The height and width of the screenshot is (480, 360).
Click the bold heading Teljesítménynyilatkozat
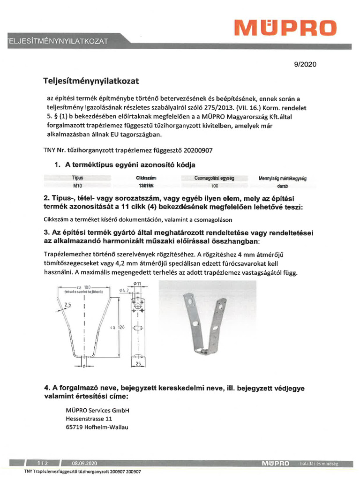click(x=91, y=81)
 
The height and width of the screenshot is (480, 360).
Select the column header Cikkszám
click(x=146, y=178)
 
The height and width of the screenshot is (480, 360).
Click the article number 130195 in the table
click(x=146, y=186)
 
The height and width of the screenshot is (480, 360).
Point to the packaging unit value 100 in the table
click(x=215, y=186)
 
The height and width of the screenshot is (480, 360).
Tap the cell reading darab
click(x=282, y=186)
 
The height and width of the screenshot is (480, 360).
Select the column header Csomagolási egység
click(x=214, y=178)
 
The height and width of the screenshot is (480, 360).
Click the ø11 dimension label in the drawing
click(x=138, y=284)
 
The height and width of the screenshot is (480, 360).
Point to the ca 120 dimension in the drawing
click(x=117, y=328)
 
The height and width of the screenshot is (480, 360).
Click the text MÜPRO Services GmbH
click(x=97, y=410)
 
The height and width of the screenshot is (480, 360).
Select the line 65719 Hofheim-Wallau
click(x=97, y=427)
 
